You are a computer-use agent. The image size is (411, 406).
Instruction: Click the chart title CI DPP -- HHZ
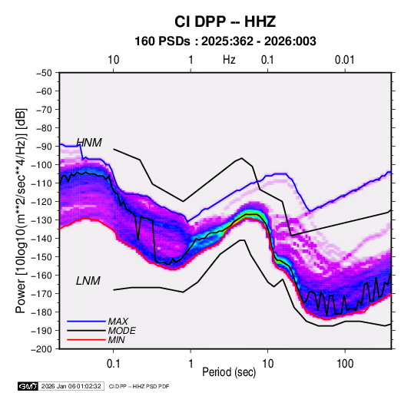225,21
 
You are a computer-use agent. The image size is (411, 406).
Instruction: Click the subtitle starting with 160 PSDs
225,41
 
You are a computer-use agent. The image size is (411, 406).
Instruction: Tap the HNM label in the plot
89,143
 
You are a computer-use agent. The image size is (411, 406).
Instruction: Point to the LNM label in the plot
88,281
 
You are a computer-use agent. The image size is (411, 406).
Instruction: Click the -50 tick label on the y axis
44,73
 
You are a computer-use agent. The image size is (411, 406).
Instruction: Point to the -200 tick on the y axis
42,349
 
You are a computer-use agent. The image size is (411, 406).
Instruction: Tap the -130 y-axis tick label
42,220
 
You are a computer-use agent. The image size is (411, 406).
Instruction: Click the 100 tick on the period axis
345,364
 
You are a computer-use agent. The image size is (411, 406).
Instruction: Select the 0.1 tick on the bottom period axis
113,364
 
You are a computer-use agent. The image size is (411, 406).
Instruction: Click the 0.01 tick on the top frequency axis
345,60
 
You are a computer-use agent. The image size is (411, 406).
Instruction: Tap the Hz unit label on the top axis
229,60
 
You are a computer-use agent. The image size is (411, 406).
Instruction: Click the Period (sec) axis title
229,372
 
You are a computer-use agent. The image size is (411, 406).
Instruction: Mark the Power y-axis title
21,210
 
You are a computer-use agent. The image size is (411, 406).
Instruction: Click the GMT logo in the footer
28,386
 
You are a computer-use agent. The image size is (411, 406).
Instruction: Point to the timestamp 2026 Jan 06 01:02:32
71,386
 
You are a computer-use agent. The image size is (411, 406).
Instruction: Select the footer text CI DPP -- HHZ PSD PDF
139,386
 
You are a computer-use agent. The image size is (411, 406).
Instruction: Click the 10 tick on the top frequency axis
114,60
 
